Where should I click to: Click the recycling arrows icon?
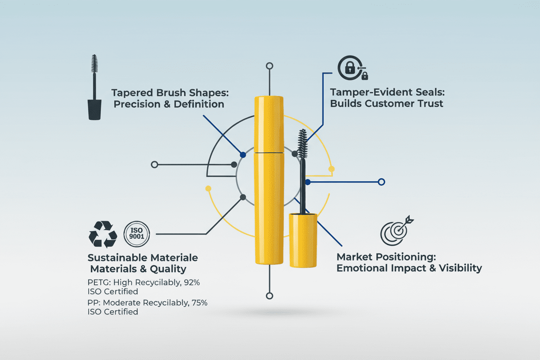103,234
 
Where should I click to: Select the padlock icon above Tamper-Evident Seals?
350,68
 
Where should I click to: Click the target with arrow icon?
395,231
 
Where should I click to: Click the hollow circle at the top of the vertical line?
270,66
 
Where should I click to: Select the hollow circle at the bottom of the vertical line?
270,296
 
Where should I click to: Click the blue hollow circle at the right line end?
381,182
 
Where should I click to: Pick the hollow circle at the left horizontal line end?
154,164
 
